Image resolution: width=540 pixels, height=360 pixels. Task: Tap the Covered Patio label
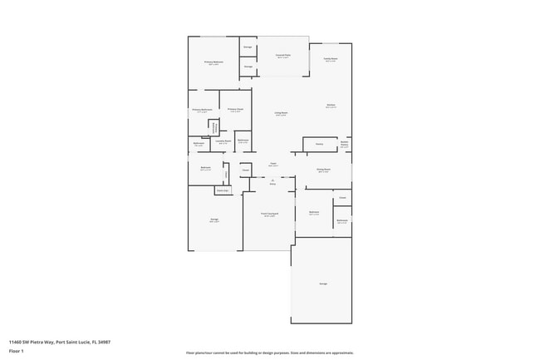(282, 57)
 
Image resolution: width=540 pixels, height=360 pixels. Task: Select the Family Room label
(330, 60)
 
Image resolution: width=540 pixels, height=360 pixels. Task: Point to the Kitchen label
(331, 106)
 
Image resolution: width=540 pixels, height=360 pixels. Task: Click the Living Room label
(282, 113)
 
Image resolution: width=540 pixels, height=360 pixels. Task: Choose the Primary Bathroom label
(202, 110)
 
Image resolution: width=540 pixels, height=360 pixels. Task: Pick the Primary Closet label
(235, 110)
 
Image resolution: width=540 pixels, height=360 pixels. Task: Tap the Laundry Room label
(223, 142)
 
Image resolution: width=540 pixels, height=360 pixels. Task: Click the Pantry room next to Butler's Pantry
(319, 144)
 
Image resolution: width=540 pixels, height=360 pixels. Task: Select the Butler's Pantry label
(344, 143)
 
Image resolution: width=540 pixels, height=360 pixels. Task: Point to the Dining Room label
(323, 170)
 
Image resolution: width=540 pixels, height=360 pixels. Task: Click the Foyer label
(273, 165)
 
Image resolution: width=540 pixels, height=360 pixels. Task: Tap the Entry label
(272, 183)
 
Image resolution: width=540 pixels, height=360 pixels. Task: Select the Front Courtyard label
(269, 215)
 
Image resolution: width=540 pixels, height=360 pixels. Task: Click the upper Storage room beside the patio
(248, 47)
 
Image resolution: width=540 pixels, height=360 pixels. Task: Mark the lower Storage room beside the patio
(248, 67)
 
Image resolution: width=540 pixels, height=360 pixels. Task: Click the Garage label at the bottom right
(322, 284)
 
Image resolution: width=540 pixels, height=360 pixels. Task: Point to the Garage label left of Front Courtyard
(214, 220)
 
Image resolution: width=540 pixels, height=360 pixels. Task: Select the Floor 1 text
(17, 351)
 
